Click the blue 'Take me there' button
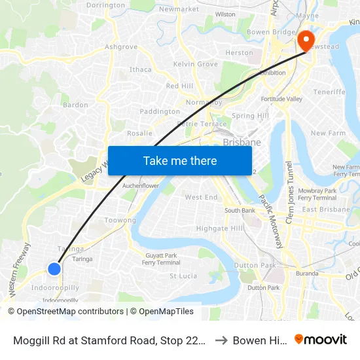(180, 161)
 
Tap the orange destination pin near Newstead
(306, 41)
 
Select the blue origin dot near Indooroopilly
(54, 268)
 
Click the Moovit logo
(320, 340)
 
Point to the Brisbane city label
(242, 142)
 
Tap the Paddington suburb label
(160, 112)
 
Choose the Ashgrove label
(121, 47)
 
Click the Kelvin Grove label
(195, 64)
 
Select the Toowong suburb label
(120, 221)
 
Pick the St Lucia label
(183, 276)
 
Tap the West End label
(201, 197)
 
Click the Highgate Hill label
(220, 228)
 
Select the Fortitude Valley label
(282, 99)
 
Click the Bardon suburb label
(75, 105)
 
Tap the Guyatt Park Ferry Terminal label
(162, 259)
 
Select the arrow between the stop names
(221, 340)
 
